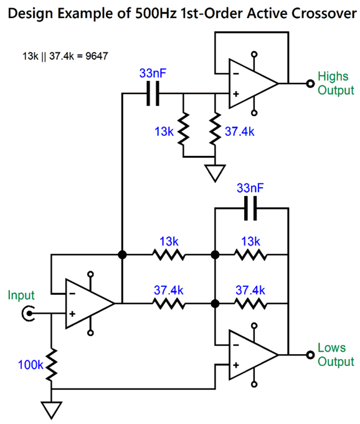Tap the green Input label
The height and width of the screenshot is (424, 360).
click(x=21, y=295)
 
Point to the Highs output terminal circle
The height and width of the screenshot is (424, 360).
click(x=309, y=83)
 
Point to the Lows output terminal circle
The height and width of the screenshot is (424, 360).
click(x=309, y=355)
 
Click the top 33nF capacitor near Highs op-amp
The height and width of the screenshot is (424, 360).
click(x=153, y=94)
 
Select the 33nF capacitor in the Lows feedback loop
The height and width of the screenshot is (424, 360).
click(x=252, y=209)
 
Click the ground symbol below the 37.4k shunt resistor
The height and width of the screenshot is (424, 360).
click(x=215, y=172)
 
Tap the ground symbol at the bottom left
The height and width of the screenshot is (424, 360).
click(x=52, y=408)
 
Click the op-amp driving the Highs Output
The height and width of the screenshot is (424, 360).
click(x=251, y=83)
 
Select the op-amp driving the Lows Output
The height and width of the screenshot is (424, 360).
click(x=251, y=355)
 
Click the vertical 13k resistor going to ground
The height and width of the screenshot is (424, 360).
click(x=183, y=131)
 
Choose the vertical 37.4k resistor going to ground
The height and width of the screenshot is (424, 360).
click(x=215, y=131)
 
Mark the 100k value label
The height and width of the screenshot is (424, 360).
click(x=29, y=365)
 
